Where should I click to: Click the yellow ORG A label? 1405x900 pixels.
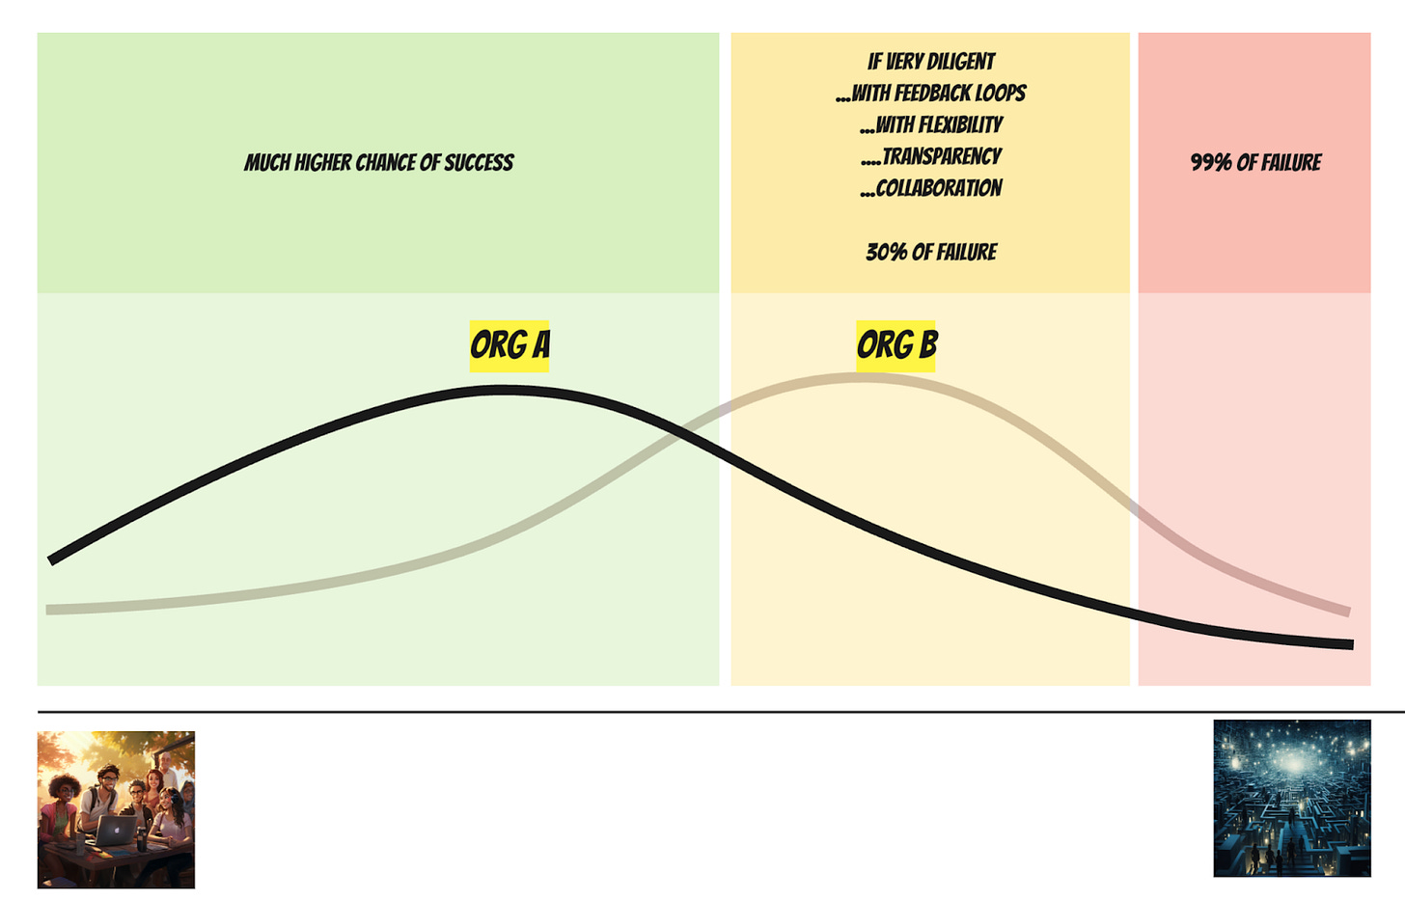pos(510,345)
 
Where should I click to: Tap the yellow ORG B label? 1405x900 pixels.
pos(895,345)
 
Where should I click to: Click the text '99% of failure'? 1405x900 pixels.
pos(1255,162)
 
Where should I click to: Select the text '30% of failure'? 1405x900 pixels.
pos(931,252)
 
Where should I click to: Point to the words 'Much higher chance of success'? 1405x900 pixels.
pos(378,162)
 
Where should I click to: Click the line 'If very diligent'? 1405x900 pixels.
pos(931,62)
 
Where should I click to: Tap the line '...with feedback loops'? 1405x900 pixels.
pos(931,94)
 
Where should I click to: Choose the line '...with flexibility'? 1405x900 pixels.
pos(931,125)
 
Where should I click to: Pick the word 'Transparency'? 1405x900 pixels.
pos(941,156)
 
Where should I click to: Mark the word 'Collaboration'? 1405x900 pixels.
pos(938,188)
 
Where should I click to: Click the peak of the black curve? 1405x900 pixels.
pos(504,391)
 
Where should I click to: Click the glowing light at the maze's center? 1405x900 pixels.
pos(1292,762)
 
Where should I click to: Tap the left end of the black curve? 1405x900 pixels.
pos(51,559)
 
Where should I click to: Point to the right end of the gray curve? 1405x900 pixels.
pos(1347,612)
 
